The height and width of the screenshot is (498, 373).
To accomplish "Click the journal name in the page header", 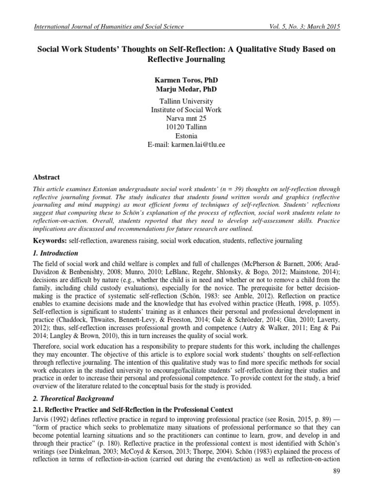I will click(x=108, y=26).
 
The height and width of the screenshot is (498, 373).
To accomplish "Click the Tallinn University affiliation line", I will click(x=186, y=101).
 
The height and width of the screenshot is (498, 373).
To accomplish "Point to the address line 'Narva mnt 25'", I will click(x=186, y=118).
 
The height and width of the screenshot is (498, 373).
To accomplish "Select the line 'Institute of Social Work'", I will click(x=186, y=110).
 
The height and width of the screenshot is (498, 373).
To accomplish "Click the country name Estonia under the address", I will click(x=186, y=136).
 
